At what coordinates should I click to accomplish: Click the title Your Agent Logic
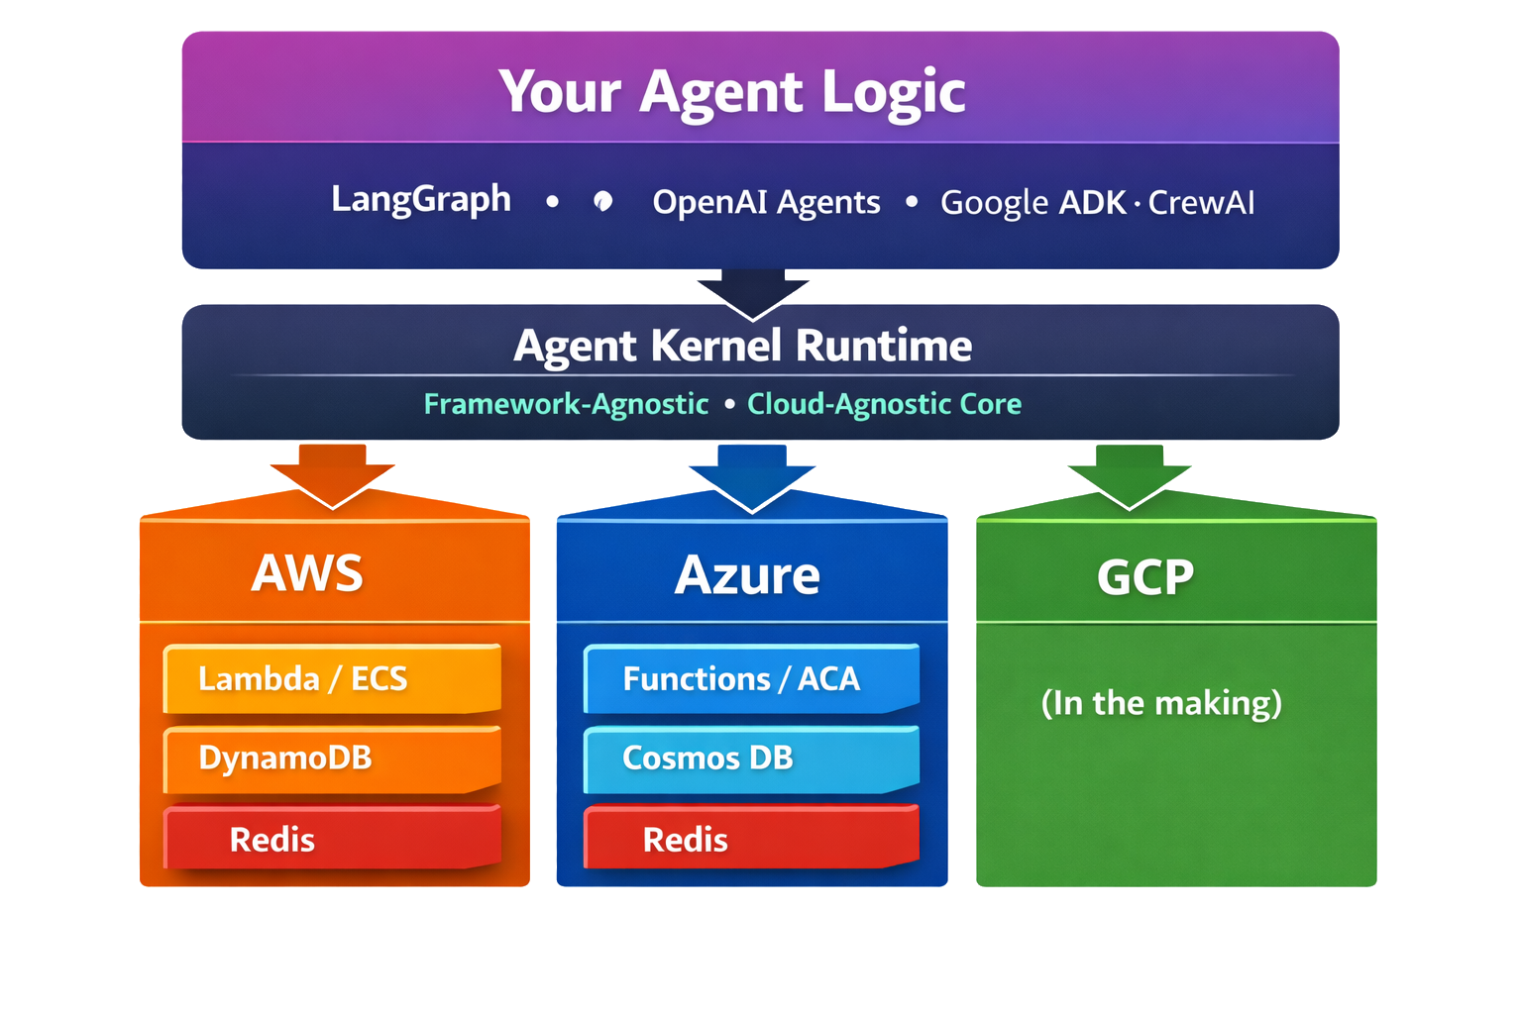pyautogui.click(x=731, y=92)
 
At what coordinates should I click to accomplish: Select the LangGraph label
pyautogui.click(x=421, y=200)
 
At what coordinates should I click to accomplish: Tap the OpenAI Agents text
pyautogui.click(x=766, y=202)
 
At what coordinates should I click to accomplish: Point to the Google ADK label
pyautogui.click(x=1033, y=203)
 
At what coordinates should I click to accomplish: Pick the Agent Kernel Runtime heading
pyautogui.click(x=742, y=346)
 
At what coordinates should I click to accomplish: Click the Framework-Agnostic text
pyautogui.click(x=566, y=404)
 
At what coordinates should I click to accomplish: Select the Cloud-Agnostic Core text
pyautogui.click(x=884, y=404)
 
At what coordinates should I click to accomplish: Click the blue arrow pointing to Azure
pyautogui.click(x=752, y=475)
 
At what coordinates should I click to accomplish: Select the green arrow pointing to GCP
pyautogui.click(x=1130, y=474)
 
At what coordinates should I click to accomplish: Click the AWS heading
pyautogui.click(x=307, y=573)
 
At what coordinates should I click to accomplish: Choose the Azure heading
pyautogui.click(x=747, y=575)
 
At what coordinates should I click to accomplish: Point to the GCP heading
pyautogui.click(x=1144, y=577)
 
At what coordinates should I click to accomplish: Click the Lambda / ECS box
pyautogui.click(x=332, y=679)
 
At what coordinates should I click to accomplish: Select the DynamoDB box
pyautogui.click(x=332, y=759)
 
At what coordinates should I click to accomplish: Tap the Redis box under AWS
pyautogui.click(x=332, y=839)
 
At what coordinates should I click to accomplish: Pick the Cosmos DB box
pyautogui.click(x=751, y=759)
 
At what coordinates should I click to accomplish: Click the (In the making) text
pyautogui.click(x=1161, y=703)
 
